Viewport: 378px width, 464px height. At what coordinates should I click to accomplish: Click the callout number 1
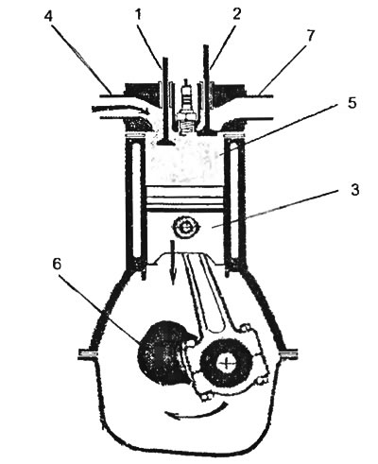138,14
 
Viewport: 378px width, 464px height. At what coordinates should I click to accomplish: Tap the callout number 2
236,13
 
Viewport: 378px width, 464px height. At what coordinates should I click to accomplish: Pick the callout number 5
352,103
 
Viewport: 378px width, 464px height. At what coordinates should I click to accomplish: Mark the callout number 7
310,36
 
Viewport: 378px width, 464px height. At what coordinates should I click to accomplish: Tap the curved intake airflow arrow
121,110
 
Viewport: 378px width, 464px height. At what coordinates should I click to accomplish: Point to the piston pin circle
184,228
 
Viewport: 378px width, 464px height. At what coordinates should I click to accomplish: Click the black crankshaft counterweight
163,352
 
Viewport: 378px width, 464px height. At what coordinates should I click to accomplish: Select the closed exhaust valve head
209,131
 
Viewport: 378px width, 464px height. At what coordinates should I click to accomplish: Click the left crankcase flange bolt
88,354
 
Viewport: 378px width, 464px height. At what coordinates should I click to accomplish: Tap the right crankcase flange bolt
287,353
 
